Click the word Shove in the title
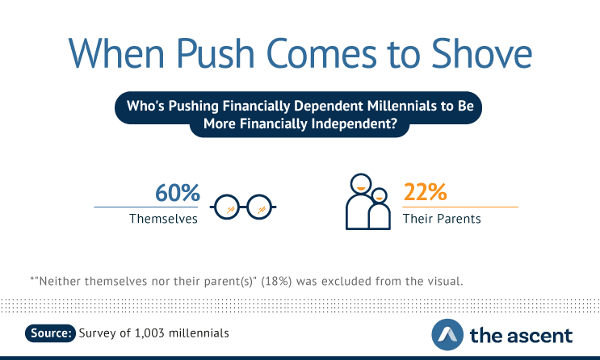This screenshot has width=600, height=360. coord(482,53)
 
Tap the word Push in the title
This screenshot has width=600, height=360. coord(216,53)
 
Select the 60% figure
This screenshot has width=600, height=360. coord(177,192)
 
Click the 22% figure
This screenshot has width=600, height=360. coord(425,192)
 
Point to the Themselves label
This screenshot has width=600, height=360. coord(163,219)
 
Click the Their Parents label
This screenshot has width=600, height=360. coord(442,219)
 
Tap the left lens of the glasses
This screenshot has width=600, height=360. coord(227,207)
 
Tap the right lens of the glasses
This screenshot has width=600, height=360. coord(259,207)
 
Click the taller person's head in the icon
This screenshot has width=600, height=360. coord(361,184)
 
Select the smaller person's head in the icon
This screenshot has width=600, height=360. coord(380,195)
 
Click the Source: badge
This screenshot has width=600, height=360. coord(51,333)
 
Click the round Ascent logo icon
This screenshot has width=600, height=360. coord(447,335)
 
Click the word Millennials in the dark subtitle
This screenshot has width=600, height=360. coord(401,106)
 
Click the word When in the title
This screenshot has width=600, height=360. coord(116,53)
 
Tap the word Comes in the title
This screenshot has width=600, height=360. coord(321,53)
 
